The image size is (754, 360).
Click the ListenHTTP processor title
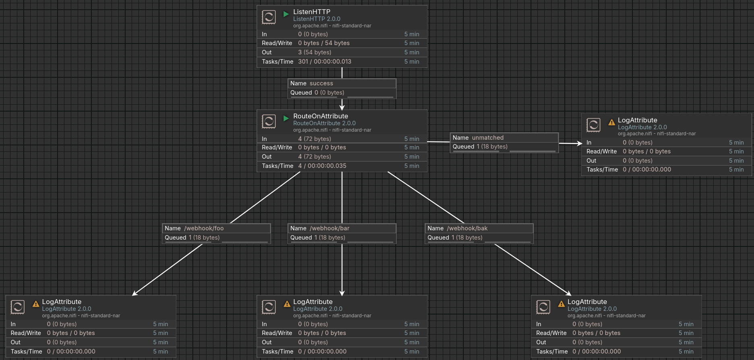tap(312, 12)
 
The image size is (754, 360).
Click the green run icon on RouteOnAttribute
tap(286, 118)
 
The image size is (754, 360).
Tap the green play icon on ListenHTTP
tap(286, 14)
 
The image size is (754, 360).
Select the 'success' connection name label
tap(321, 83)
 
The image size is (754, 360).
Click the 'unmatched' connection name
tap(488, 138)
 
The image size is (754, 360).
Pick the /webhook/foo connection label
tap(204, 228)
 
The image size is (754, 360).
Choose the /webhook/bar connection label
tap(329, 228)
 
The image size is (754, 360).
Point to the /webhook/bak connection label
tap(467, 228)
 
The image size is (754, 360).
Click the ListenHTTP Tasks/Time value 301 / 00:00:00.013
tap(324, 62)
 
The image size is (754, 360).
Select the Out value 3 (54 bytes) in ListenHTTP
tap(314, 52)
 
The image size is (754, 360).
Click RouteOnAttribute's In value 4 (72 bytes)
tap(314, 139)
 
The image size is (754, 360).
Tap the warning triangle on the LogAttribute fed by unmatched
tap(611, 122)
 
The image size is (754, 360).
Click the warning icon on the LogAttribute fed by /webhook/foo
tap(36, 304)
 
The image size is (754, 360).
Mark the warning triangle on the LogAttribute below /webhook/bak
tap(561, 304)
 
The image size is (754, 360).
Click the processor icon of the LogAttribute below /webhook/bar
tap(269, 307)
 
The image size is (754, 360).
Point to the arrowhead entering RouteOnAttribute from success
tap(342, 107)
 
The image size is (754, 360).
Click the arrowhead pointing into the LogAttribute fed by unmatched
tap(579, 143)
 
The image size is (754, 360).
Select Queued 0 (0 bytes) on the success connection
tap(329, 93)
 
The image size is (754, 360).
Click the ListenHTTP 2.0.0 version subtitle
tap(316, 19)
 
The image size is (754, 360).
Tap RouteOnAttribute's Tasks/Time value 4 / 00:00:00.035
tap(322, 166)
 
